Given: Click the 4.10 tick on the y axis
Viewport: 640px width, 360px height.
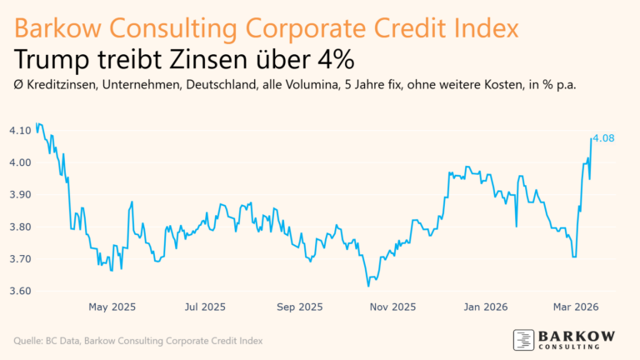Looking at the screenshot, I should (20, 130).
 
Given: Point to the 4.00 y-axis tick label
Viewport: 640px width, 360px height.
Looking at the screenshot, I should (20, 162).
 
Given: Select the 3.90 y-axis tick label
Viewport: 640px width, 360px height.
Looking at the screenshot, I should (20, 194).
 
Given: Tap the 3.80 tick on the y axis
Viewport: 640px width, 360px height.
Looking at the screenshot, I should (20, 227).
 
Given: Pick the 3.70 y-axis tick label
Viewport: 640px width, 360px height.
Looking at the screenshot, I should (20, 259).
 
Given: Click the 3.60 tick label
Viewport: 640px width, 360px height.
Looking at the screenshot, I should (20, 292).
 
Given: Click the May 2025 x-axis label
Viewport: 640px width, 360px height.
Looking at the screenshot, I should (112, 307).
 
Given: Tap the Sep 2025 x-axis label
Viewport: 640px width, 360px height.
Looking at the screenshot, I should (298, 307).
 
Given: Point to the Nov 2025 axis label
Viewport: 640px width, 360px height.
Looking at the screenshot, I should (392, 307).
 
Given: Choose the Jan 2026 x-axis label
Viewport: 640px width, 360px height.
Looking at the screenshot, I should (486, 307).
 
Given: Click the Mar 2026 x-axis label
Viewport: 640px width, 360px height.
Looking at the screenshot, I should (574, 307).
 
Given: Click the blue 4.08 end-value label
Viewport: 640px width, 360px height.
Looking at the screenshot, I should (603, 138).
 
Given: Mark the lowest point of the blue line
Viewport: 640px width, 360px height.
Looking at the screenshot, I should (368, 287).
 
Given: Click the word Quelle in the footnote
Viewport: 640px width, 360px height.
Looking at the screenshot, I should (27, 341).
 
